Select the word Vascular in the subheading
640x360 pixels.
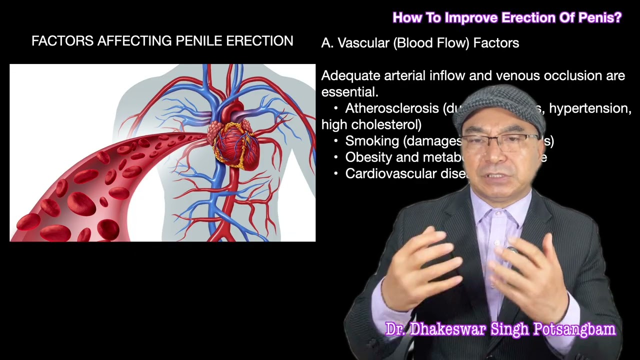[x=363, y=43]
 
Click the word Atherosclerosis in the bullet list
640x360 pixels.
[x=391, y=108]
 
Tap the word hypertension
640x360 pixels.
[x=590, y=108]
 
